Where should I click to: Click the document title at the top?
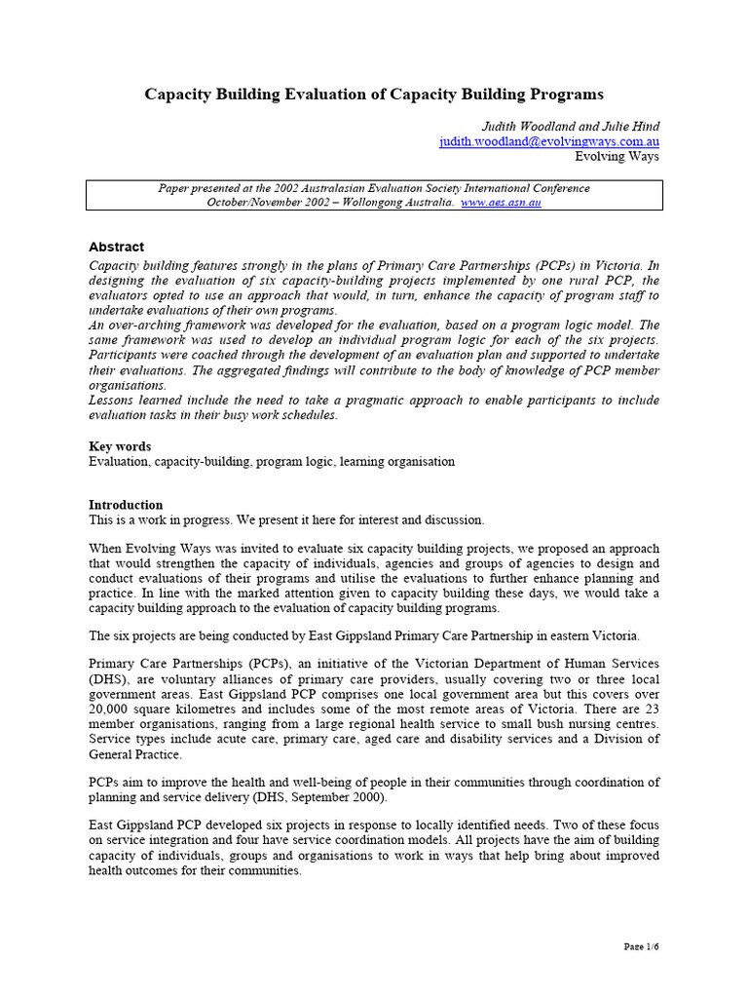(374, 95)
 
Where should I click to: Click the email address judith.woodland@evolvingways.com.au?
(549, 141)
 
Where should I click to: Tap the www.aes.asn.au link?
(501, 202)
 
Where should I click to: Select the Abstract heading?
(116, 247)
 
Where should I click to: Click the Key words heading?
(120, 446)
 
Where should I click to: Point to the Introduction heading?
(126, 505)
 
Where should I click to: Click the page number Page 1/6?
(641, 946)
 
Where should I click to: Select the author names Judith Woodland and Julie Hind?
(570, 127)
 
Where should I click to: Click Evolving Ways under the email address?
(617, 156)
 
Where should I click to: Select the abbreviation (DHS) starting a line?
(108, 679)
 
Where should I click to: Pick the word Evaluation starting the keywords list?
(121, 461)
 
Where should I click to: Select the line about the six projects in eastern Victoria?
(364, 635)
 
